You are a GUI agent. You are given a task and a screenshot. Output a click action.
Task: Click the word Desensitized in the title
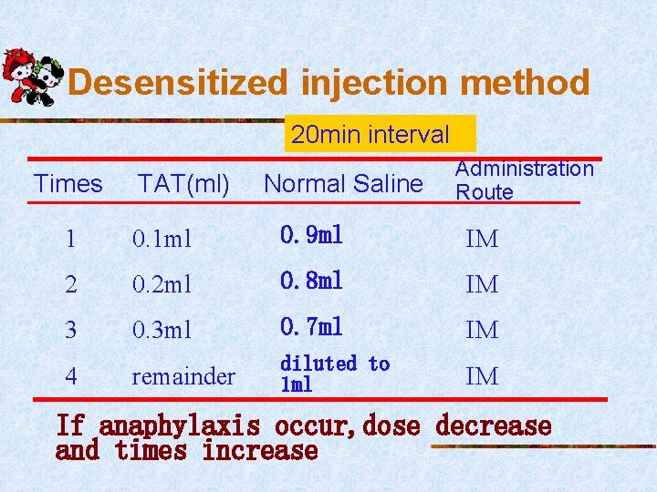(x=178, y=83)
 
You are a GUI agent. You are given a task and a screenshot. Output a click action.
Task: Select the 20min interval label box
(x=370, y=135)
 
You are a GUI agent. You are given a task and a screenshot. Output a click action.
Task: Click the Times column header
(x=68, y=184)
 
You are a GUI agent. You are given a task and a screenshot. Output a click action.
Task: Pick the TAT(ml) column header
(x=183, y=184)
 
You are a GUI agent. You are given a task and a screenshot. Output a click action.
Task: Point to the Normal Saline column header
(x=343, y=184)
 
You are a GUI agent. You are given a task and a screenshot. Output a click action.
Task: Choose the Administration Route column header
(x=523, y=179)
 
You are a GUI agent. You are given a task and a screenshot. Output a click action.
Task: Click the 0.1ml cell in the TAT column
(x=162, y=240)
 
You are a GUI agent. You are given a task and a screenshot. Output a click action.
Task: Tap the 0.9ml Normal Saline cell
(x=311, y=236)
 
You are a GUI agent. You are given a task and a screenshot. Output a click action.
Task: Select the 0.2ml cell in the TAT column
(x=162, y=285)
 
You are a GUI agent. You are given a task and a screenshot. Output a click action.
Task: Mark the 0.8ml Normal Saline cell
(x=311, y=281)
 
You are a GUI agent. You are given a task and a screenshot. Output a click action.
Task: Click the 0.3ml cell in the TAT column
(x=162, y=330)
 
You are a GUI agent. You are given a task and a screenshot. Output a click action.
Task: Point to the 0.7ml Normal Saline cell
(x=311, y=325)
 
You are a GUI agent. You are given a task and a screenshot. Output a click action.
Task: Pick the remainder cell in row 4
(x=183, y=375)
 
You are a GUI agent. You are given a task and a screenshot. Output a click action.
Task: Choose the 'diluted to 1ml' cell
(x=334, y=374)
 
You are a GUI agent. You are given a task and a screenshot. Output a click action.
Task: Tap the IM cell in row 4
(x=482, y=375)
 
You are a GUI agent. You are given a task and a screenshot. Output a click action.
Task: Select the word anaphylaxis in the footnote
(x=179, y=426)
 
